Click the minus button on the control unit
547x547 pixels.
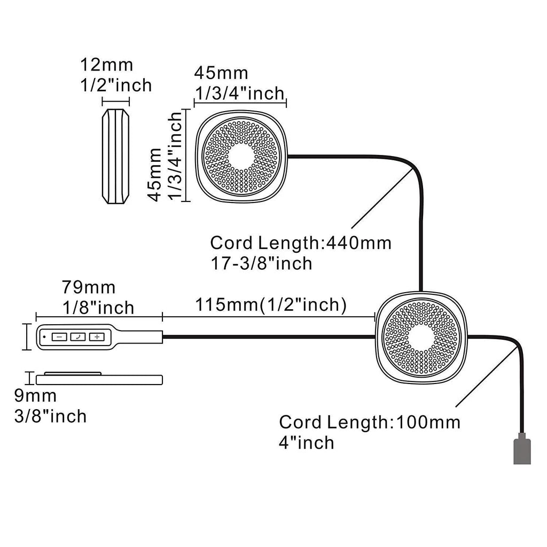[59, 337]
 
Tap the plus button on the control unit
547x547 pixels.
[96, 337]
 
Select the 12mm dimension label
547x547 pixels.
[106, 66]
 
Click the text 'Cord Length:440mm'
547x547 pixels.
[301, 243]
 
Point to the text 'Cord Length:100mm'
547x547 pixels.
[370, 422]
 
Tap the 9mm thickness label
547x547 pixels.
[35, 396]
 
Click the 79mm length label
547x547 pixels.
[89, 287]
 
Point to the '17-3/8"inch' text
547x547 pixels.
[261, 263]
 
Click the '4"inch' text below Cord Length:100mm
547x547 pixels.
[307, 442]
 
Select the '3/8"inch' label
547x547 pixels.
[50, 416]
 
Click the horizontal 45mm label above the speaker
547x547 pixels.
[221, 73]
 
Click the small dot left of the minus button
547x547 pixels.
[43, 337]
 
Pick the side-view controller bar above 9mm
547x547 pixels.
[99, 379]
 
